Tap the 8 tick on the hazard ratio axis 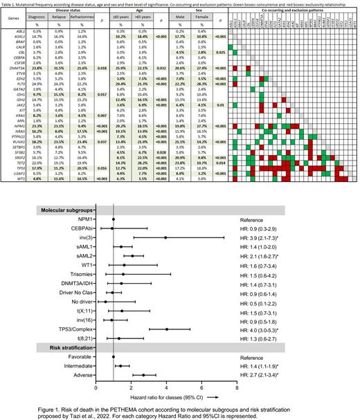[x=237, y=388]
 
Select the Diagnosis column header [x=36, y=15]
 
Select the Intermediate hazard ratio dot [x=120, y=365]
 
